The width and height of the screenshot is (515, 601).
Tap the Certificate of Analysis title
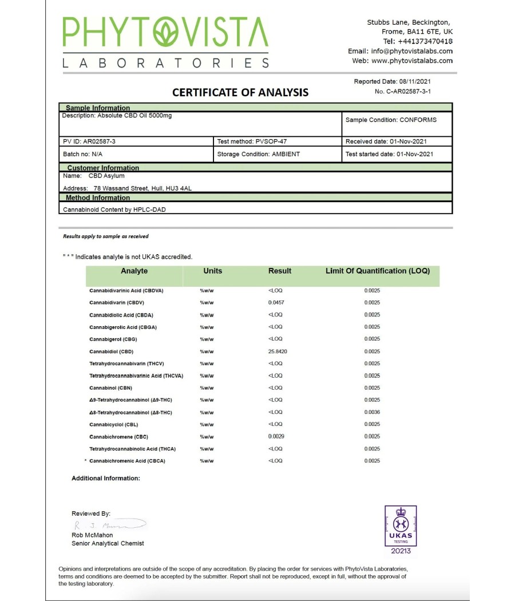click(x=240, y=92)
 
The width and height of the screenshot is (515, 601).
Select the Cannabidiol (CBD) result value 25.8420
click(x=278, y=351)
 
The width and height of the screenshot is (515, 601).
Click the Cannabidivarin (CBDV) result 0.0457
click(x=276, y=302)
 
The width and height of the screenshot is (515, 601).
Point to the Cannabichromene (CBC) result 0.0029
click(x=276, y=437)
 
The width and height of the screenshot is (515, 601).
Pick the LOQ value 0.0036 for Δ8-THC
click(x=372, y=412)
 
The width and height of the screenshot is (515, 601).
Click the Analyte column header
click(x=134, y=271)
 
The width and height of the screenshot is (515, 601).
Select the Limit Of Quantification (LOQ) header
click(x=378, y=271)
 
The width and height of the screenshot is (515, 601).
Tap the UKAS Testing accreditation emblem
click(x=401, y=529)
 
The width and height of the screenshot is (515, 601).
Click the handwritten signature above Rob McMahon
click(x=109, y=525)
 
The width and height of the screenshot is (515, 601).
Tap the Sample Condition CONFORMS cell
click(x=391, y=120)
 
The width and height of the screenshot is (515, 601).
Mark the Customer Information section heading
click(x=103, y=168)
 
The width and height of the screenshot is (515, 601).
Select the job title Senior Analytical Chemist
click(x=108, y=543)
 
